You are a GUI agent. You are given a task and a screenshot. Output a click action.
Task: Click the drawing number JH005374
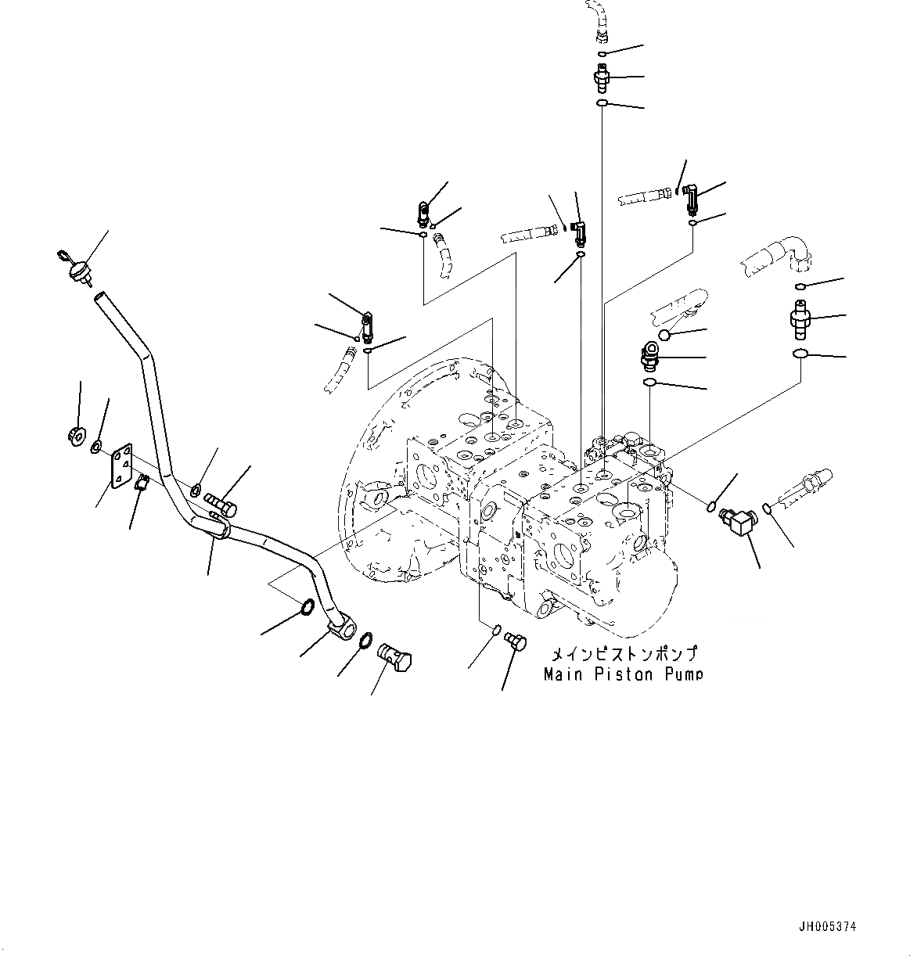[827, 927]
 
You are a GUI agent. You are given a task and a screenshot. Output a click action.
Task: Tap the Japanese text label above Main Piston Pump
[624, 654]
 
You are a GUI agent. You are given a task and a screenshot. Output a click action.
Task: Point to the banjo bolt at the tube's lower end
[397, 654]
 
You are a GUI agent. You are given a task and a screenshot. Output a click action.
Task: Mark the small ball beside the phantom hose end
[664, 336]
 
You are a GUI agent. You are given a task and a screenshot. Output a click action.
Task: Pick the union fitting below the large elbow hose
[800, 318]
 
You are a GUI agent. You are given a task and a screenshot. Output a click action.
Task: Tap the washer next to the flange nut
[95, 447]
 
